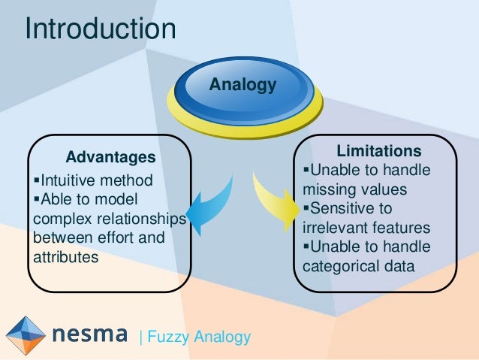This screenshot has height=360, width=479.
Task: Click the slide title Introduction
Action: [x=101, y=29]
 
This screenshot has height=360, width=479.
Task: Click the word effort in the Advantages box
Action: [x=124, y=238]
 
